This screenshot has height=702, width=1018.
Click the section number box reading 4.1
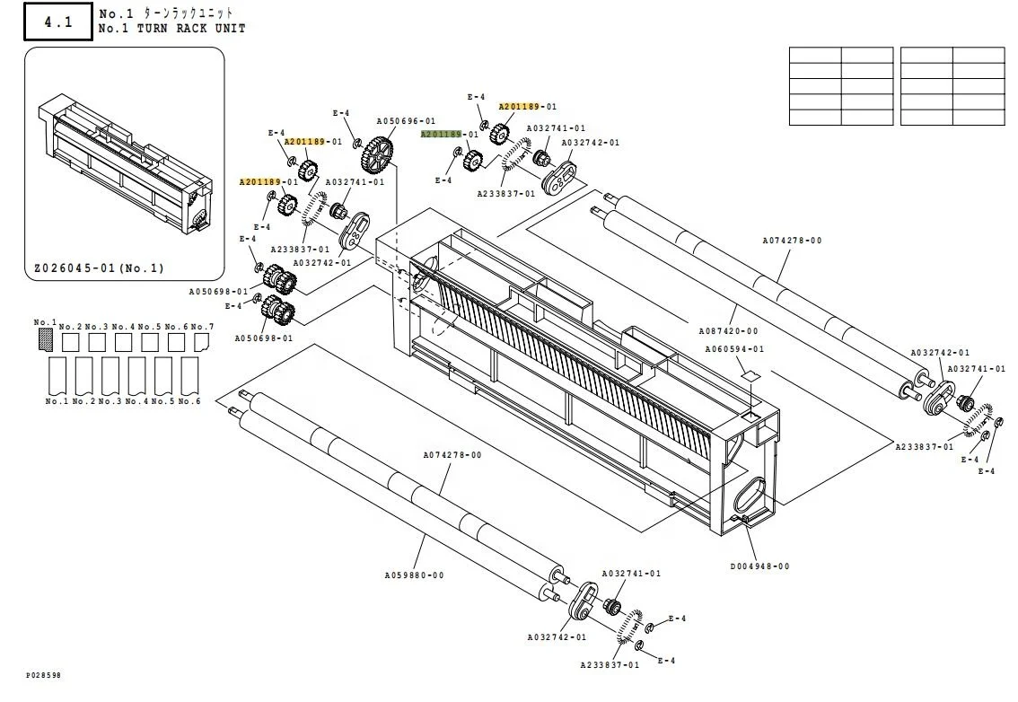[57, 22]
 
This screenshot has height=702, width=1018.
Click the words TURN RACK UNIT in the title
[190, 28]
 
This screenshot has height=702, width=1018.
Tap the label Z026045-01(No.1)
[99, 268]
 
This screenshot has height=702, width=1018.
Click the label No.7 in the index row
[202, 327]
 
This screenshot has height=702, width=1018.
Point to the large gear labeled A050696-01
[379, 155]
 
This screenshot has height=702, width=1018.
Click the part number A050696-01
[406, 121]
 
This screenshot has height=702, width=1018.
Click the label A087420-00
[728, 331]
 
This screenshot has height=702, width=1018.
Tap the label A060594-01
[734, 349]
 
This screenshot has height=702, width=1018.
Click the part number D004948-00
[759, 566]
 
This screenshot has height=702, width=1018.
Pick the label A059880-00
[414, 575]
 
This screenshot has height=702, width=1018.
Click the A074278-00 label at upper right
[792, 241]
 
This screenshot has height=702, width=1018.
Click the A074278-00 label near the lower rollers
[452, 455]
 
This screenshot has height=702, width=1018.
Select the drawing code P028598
[44, 675]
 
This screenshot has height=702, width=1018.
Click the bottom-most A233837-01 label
[610, 665]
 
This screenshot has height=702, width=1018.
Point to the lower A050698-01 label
[264, 338]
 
